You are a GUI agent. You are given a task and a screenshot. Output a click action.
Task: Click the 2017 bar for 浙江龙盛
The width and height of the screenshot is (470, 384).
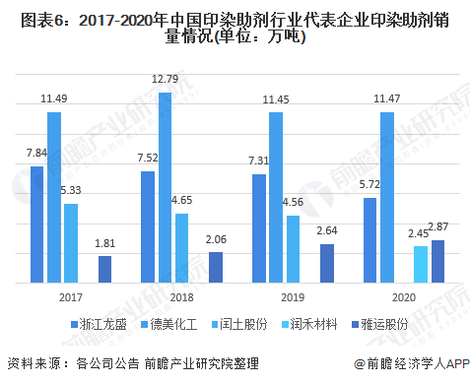click(36, 224)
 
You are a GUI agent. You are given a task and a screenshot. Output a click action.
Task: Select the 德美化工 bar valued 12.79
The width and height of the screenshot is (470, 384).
click(165, 188)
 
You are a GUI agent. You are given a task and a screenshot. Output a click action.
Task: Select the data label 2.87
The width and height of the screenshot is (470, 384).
click(438, 228)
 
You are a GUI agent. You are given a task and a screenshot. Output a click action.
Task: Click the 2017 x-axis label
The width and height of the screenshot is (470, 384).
click(70, 296)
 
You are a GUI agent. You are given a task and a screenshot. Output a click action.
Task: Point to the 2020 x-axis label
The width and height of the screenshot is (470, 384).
click(403, 296)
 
